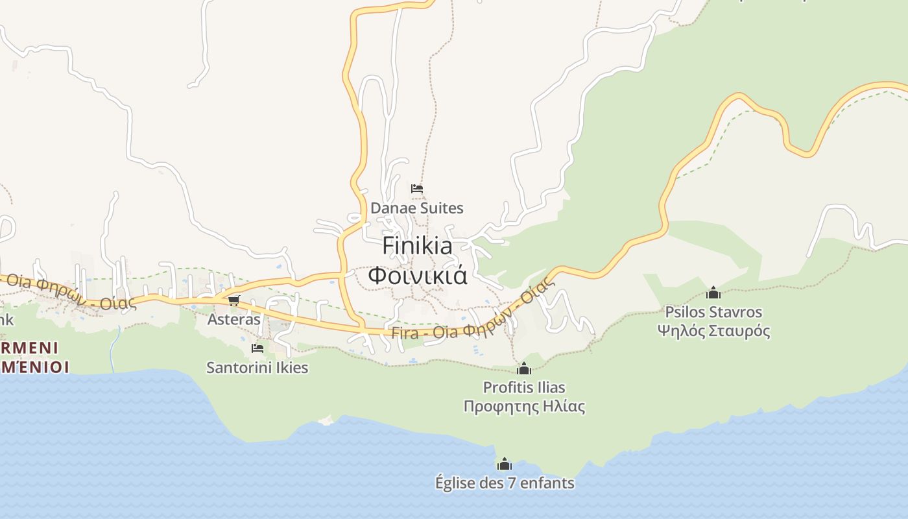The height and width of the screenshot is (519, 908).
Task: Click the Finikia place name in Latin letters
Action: [417, 246]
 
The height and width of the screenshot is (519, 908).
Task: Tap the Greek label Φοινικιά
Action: [417, 274]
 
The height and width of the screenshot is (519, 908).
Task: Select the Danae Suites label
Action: [417, 208]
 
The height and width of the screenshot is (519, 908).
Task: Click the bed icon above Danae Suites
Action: [417, 189]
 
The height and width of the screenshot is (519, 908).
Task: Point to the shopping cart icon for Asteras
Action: [234, 300]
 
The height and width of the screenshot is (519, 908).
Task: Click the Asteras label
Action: [233, 319]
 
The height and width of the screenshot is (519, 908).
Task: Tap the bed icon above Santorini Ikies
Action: [257, 348]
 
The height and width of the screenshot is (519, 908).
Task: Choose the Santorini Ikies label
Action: [257, 368]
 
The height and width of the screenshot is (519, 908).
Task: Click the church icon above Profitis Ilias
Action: [524, 369]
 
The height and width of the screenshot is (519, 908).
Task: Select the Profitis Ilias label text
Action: [524, 387]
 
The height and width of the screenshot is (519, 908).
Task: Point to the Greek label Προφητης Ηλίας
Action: [524, 407]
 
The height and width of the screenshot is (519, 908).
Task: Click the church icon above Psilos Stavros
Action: [713, 293]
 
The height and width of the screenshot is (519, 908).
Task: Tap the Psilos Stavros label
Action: [713, 312]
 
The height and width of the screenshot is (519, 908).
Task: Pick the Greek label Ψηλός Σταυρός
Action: [713, 331]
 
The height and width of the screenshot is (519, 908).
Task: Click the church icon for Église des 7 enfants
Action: [505, 464]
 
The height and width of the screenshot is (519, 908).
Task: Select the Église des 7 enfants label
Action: [505, 483]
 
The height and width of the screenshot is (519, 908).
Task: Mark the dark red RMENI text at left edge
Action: [30, 348]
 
